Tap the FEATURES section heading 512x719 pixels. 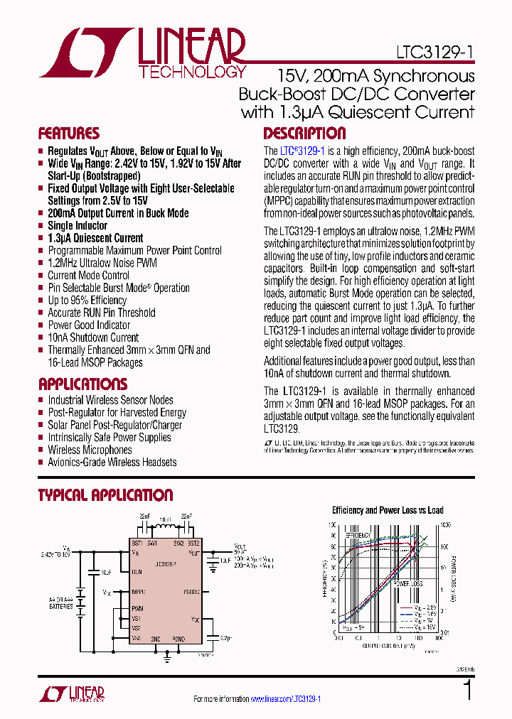[69, 134]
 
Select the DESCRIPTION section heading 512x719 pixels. [304, 134]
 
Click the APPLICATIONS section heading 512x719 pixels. [82, 384]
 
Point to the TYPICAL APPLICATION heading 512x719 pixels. [105, 495]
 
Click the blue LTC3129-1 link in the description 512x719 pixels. [302, 151]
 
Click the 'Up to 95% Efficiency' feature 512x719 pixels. [87, 300]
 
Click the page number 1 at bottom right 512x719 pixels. [467, 691]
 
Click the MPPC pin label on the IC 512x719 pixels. [139, 591]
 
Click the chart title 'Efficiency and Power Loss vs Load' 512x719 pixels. [388, 510]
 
